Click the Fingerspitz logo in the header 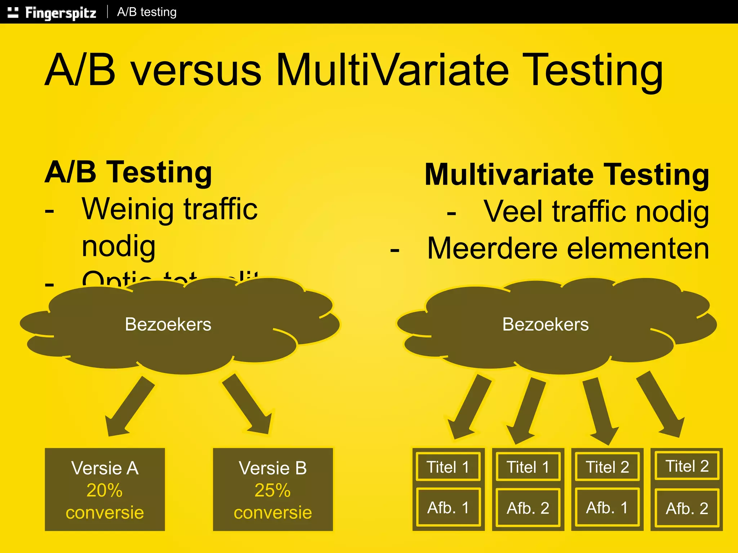[x=52, y=13]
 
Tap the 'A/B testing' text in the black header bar [x=147, y=12]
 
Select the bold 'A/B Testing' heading [x=128, y=172]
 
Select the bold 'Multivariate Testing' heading [x=567, y=174]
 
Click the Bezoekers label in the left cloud [x=168, y=324]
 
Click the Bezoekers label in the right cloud [x=545, y=324]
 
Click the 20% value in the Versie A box [x=105, y=490]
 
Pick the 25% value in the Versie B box [x=272, y=490]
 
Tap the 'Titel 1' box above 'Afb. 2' [x=528, y=467]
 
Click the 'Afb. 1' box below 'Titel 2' [x=607, y=508]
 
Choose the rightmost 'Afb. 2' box [x=687, y=508]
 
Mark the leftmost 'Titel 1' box [x=448, y=467]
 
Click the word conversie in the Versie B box [x=273, y=512]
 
